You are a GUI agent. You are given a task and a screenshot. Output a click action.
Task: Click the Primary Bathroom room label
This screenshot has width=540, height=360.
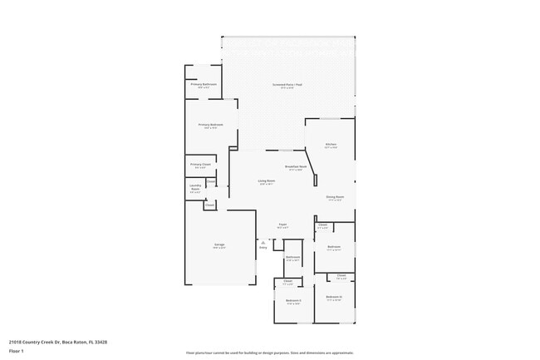point(204,84)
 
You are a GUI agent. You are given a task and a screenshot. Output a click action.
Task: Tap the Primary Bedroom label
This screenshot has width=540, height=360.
point(210,125)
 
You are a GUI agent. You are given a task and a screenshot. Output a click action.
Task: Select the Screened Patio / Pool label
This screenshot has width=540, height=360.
point(287,85)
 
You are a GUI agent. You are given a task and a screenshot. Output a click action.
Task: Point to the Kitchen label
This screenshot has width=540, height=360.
point(331,145)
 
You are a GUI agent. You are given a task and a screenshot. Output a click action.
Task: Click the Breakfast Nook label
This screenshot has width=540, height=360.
point(297,166)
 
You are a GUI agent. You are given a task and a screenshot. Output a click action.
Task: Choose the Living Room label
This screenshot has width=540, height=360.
point(267,180)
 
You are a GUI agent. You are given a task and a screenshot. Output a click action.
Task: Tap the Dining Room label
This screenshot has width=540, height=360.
point(335,197)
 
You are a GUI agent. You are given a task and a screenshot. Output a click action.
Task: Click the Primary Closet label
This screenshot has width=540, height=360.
point(200,165)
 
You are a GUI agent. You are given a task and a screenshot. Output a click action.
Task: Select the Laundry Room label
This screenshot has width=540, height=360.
point(195,187)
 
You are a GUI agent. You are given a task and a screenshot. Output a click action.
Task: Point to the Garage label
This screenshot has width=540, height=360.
point(219,244)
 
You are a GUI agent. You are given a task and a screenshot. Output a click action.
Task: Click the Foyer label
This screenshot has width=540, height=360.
point(282,224)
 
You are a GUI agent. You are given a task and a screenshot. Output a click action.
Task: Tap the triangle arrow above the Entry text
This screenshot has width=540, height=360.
point(263,242)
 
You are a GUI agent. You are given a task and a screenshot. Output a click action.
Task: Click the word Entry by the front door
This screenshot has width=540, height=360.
point(263,247)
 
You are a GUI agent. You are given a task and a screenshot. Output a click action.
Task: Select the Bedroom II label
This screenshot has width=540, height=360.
point(293,300)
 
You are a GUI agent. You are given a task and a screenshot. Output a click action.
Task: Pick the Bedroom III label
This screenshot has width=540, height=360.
point(334,297)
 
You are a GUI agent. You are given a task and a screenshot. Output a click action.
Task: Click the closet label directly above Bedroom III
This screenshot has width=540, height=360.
point(341,276)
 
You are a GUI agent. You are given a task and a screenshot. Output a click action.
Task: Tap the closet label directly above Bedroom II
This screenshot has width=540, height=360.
point(287,282)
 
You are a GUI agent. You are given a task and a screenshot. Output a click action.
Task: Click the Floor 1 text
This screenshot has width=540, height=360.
point(17,351)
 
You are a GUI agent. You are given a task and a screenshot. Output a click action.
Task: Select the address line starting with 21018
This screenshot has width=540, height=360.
point(58,342)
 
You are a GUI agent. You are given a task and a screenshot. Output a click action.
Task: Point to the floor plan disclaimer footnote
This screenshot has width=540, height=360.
point(270,353)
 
